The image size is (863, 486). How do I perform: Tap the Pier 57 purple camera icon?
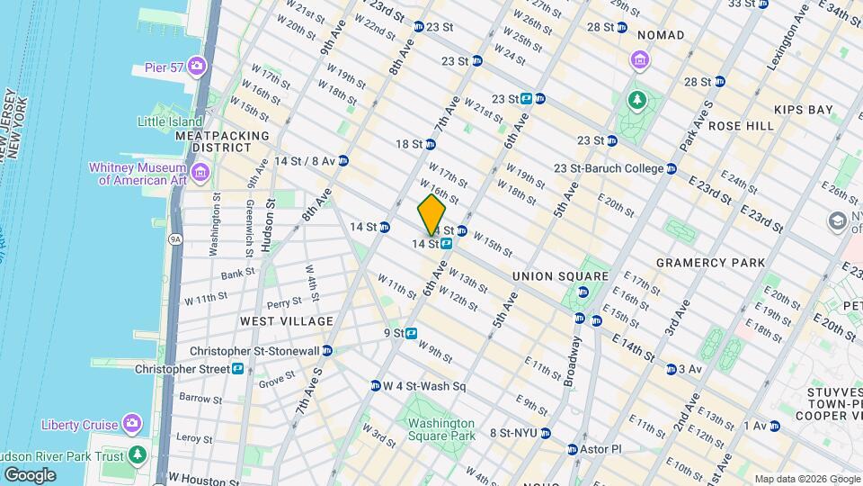tap(197, 67)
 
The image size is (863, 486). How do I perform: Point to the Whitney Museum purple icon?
tap(200, 172)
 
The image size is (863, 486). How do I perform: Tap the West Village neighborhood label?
tap(287, 321)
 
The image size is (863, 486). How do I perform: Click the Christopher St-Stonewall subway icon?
tap(326, 351)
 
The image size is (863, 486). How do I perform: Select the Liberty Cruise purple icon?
tap(132, 423)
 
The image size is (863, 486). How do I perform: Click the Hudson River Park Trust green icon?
tap(137, 454)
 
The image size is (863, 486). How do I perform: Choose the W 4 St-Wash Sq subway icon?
tap(375, 386)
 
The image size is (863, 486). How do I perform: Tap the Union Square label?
tap(560, 275)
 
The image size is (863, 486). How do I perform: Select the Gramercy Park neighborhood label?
tap(710, 263)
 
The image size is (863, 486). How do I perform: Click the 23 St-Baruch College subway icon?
tap(671, 168)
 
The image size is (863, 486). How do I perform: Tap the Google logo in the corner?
tap(30, 474)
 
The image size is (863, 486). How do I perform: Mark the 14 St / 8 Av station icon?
tap(343, 161)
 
